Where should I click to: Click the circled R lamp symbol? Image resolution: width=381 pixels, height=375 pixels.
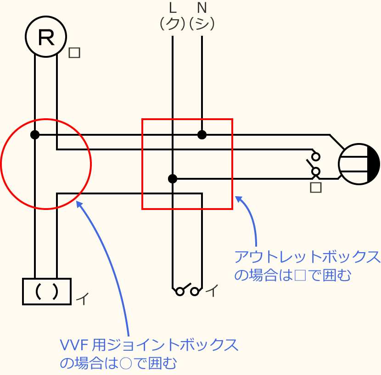[46, 37]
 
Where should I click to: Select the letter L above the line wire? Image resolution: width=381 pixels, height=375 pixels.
[173, 8]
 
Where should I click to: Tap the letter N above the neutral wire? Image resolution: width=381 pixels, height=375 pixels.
[202, 8]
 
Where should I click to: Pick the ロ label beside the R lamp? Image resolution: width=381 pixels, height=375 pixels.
[74, 53]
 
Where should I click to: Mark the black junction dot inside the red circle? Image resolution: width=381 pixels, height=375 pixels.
[35, 135]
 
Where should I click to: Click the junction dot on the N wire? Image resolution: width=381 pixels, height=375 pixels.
[202, 135]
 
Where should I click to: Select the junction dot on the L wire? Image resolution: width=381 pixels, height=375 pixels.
[173, 179]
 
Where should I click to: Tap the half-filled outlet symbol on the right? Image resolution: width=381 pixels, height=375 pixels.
[359, 164]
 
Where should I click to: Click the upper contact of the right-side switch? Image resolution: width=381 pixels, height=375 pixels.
[316, 156]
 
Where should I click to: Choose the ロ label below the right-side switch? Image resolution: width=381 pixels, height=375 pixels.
[316, 187]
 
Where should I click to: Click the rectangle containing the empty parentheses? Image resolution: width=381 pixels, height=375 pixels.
[47, 292]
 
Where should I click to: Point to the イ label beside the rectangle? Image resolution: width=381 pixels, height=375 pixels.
[82, 299]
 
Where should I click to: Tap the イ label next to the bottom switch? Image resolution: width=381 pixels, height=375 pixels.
[212, 290]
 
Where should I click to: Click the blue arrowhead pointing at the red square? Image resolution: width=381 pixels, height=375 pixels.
[238, 199]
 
